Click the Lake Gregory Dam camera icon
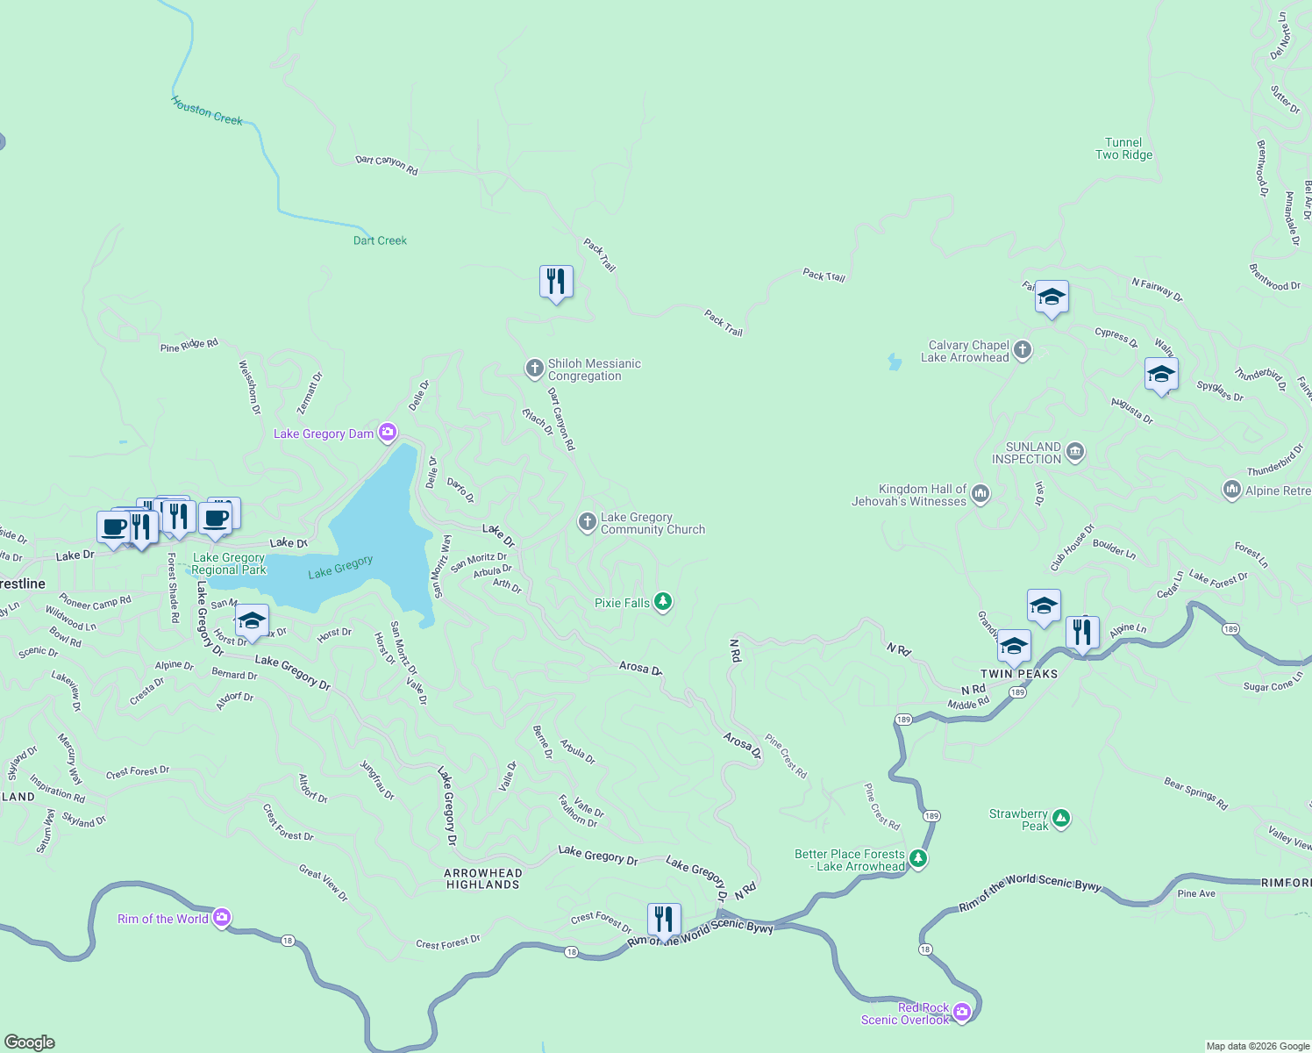pyautogui.click(x=388, y=433)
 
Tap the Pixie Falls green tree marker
pyautogui.click(x=663, y=602)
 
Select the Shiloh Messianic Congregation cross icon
pyautogui.click(x=534, y=369)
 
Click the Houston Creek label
pyautogui.click(x=207, y=111)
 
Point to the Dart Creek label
pyautogui.click(x=380, y=240)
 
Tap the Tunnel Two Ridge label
pyautogui.click(x=1123, y=148)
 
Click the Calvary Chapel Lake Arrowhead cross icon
pyautogui.click(x=1022, y=351)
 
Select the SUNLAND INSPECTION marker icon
pyautogui.click(x=1075, y=453)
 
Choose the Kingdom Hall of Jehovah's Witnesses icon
pyautogui.click(x=980, y=494)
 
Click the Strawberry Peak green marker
pyautogui.click(x=1061, y=819)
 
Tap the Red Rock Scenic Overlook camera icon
pyautogui.click(x=962, y=1013)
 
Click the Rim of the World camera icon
pyautogui.click(x=221, y=918)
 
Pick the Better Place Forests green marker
pyautogui.click(x=918, y=858)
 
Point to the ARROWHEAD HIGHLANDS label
pyautogui.click(x=483, y=878)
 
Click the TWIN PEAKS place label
pyautogui.click(x=1019, y=674)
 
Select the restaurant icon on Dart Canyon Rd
pyautogui.click(x=556, y=282)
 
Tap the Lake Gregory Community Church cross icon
pyautogui.click(x=587, y=522)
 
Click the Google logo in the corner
pyautogui.click(x=30, y=1042)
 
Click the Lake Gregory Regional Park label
pyautogui.click(x=229, y=563)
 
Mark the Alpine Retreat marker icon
pyautogui.click(x=1232, y=490)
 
